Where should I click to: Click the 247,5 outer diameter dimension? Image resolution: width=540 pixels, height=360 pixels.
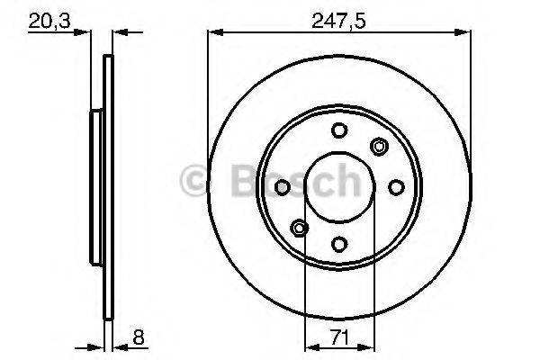click(338, 19)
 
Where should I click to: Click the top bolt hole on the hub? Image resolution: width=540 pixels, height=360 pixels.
click(339, 130)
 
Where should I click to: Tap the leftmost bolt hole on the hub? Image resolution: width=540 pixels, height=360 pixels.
click(282, 187)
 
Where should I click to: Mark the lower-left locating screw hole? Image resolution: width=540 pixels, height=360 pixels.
click(299, 229)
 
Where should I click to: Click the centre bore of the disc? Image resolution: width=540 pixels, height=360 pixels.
click(339, 187)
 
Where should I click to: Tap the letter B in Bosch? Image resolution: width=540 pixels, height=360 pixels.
click(233, 183)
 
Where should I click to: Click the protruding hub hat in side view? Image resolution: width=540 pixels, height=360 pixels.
click(95, 187)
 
